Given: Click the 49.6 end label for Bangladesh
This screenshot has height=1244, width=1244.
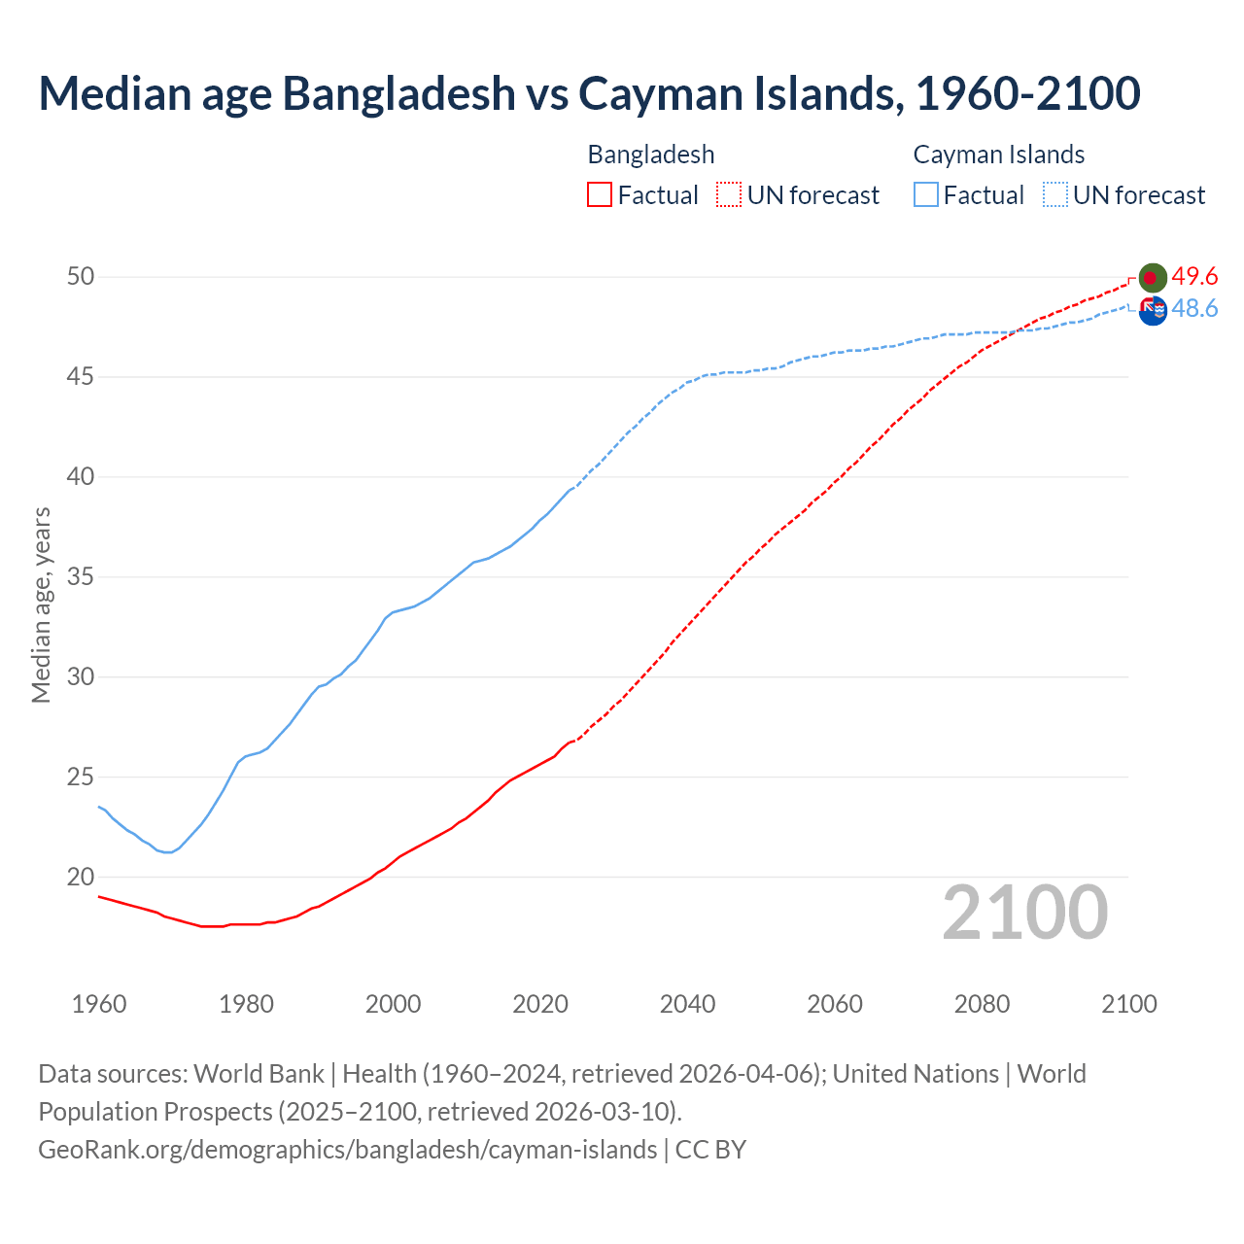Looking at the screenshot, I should [x=1194, y=277].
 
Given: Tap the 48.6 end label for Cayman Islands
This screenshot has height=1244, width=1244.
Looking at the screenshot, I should [x=1194, y=309].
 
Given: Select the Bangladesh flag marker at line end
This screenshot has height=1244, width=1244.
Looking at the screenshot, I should [x=1152, y=278].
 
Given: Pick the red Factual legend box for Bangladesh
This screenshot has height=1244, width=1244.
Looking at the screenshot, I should [x=600, y=195].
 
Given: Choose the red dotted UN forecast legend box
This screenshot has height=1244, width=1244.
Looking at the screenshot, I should [x=729, y=195].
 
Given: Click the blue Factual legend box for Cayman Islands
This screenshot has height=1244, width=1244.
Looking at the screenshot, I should [x=926, y=195].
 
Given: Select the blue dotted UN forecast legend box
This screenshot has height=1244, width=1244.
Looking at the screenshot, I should [x=1054, y=195].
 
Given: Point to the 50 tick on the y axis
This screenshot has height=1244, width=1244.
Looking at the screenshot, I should [x=81, y=277].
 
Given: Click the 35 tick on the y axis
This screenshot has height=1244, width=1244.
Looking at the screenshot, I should [x=81, y=577].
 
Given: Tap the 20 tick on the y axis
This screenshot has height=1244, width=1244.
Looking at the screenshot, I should [x=81, y=877].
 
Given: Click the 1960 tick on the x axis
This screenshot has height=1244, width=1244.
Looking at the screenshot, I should [x=99, y=1004].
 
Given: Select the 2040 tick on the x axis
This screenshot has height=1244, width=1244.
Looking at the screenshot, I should [x=687, y=1004].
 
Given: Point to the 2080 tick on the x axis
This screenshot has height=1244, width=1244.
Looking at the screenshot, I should [x=982, y=1004].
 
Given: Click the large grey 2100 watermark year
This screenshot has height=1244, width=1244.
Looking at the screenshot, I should [x=1024, y=912].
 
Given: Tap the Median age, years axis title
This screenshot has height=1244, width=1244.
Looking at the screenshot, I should [x=41, y=605].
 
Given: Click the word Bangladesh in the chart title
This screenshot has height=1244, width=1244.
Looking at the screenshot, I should [x=399, y=93].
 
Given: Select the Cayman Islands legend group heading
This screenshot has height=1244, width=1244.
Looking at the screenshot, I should [x=998, y=155].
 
